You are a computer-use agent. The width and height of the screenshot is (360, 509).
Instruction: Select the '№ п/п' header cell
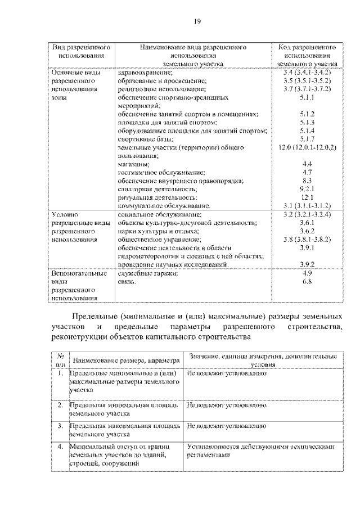pos(59,360)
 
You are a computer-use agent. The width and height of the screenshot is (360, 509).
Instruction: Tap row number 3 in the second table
pos(60,426)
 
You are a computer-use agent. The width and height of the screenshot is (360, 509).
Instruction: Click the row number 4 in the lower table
pos(60,447)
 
